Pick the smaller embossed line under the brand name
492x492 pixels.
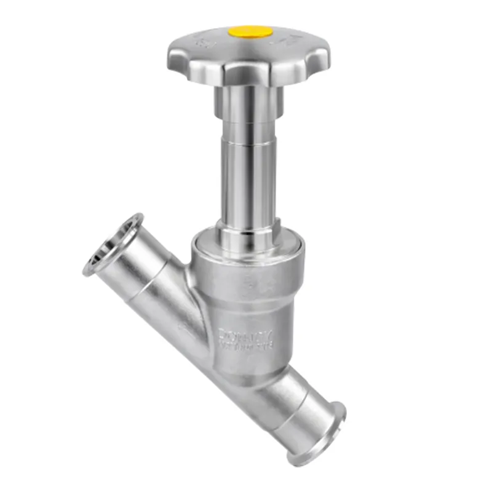251,347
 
